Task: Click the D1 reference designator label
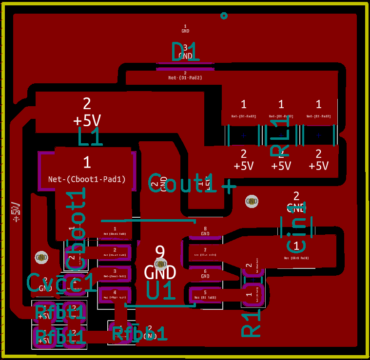185,51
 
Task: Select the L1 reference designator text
91,137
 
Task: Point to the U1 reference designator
160,291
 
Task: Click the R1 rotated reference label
252,322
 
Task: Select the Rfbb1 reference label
140,333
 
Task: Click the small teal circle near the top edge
224,16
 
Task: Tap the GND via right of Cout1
252,201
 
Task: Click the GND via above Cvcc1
41,257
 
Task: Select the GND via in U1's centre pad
160,264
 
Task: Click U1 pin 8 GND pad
205,231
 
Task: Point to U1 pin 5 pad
205,294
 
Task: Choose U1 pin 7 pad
205,252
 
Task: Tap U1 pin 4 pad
115,294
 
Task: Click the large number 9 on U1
160,251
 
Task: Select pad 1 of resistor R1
249,295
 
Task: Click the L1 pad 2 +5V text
87,120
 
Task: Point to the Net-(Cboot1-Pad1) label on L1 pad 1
87,179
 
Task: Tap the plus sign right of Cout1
229,186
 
